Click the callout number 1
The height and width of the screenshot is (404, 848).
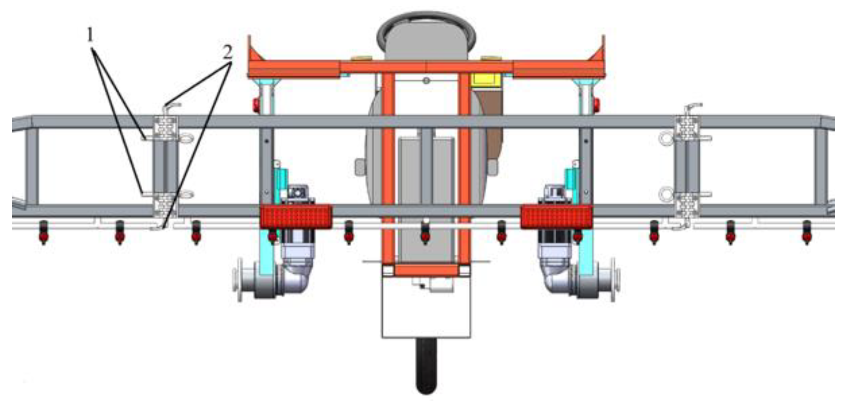(x=90, y=35)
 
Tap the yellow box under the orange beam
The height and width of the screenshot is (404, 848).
(x=486, y=80)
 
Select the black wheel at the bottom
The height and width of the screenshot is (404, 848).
(x=427, y=366)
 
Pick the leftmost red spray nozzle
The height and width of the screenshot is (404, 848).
(x=43, y=232)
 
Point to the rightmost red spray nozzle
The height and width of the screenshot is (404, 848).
(x=807, y=232)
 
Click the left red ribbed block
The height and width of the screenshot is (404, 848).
(x=296, y=217)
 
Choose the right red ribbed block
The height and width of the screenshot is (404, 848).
(x=556, y=217)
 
